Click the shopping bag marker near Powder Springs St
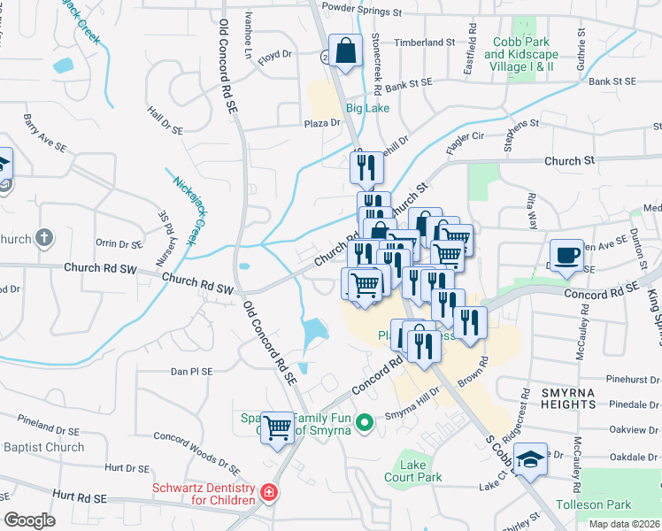pyautogui.click(x=345, y=51)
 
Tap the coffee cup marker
pyautogui.click(x=566, y=255)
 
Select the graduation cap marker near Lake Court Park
pyautogui.click(x=530, y=459)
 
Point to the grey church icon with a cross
pyautogui.click(x=45, y=238)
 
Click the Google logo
pyautogui.click(x=29, y=519)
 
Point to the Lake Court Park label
pyautogui.click(x=420, y=471)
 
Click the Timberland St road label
pyautogui.click(x=424, y=42)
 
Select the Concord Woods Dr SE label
pyautogui.click(x=196, y=449)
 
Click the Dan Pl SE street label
pyautogui.click(x=191, y=372)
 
